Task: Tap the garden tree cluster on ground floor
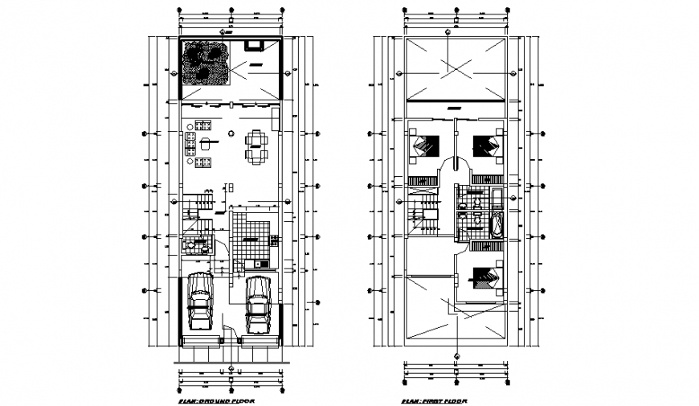coord(205,64)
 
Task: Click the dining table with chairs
coord(256,146)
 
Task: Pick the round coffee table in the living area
coord(206,145)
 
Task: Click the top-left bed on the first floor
coord(426,146)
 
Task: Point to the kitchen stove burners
coord(274,240)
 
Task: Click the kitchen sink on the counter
coord(260,265)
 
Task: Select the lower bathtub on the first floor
coord(496,224)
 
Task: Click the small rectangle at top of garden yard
coord(256,46)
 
